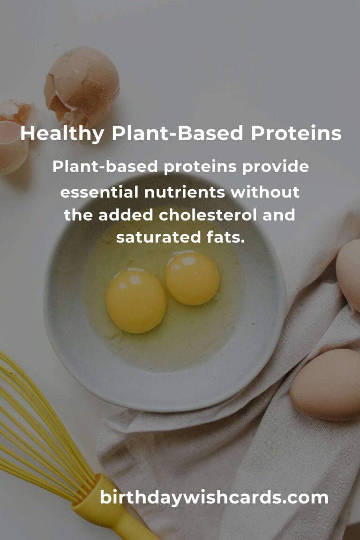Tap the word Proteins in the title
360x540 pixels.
(296, 134)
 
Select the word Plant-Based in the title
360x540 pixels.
(177, 134)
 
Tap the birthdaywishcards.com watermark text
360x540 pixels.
(214, 497)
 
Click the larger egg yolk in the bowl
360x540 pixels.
(136, 300)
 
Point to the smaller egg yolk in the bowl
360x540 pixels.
(192, 277)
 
